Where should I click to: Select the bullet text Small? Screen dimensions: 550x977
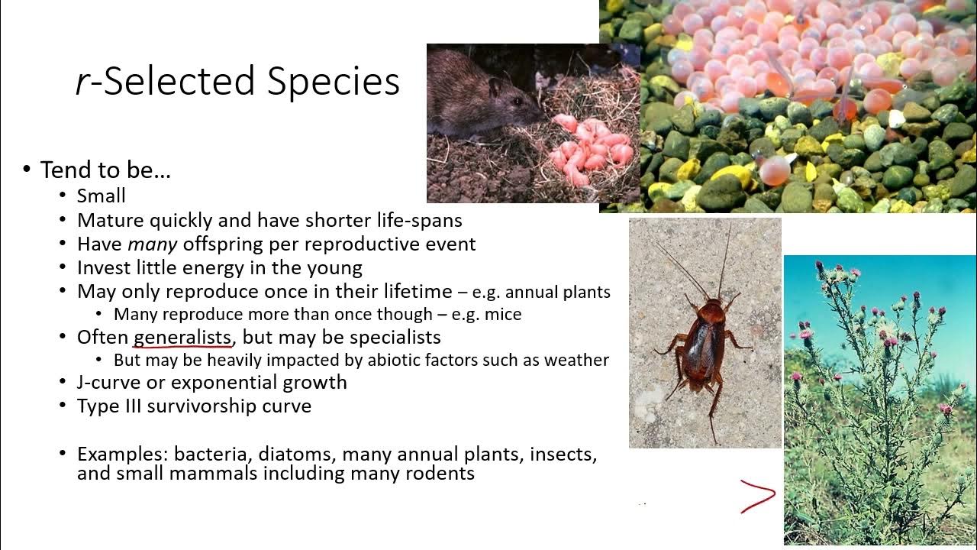(x=101, y=196)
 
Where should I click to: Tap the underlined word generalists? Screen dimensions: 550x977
(x=182, y=337)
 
